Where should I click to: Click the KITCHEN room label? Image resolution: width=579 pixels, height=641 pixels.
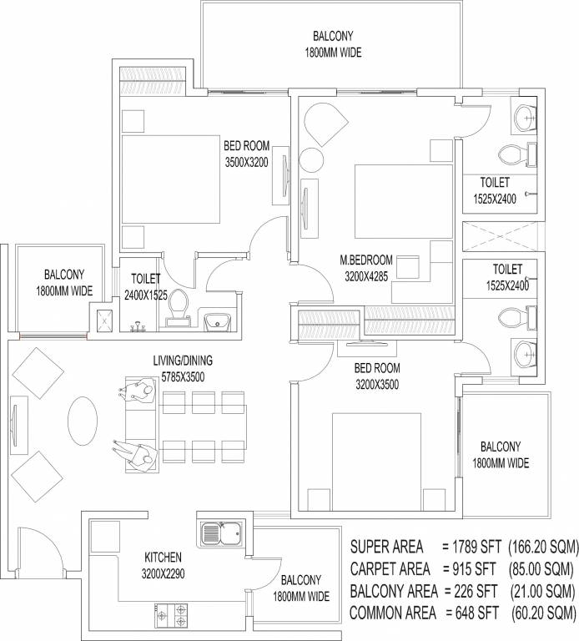pyautogui.click(x=163, y=557)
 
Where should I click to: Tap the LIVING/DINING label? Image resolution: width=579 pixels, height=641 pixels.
pyautogui.click(x=183, y=361)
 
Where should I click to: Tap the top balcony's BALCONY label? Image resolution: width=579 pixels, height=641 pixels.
pyautogui.click(x=334, y=37)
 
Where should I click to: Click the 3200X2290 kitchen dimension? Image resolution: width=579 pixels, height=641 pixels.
pyautogui.click(x=163, y=573)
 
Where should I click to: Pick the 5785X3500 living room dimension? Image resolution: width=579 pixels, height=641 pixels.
pyautogui.click(x=182, y=376)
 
